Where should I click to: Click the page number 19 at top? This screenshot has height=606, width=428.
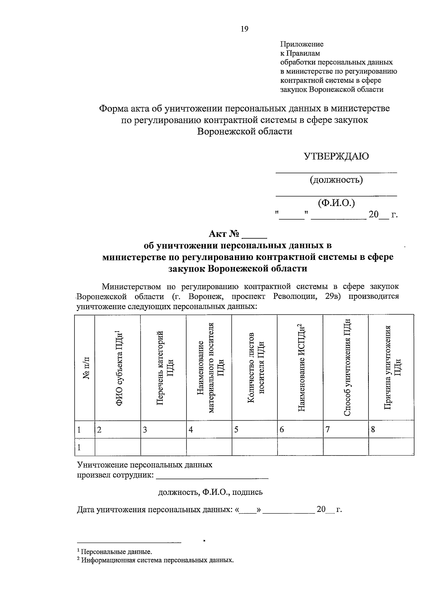click(x=244, y=29)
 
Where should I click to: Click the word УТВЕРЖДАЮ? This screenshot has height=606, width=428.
click(x=336, y=156)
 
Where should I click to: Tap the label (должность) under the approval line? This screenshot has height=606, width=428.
click(x=336, y=180)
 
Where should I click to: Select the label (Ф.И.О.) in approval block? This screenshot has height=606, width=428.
click(x=336, y=203)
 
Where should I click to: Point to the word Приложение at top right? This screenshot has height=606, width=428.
click(x=302, y=44)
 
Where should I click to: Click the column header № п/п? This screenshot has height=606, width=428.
click(x=86, y=368)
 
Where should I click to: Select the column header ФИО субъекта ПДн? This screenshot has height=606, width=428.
click(x=119, y=368)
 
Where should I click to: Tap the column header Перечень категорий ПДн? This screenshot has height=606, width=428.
click(x=164, y=368)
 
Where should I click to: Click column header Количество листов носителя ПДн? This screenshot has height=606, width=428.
click(x=255, y=368)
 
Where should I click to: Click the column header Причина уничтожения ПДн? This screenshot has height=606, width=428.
click(x=392, y=368)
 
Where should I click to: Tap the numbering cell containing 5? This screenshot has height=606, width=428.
click(x=255, y=430)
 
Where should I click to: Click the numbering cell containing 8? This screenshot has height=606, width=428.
click(x=391, y=430)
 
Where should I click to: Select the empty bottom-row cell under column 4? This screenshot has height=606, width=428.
click(x=209, y=447)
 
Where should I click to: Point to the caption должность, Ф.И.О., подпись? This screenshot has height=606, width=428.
click(x=210, y=492)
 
